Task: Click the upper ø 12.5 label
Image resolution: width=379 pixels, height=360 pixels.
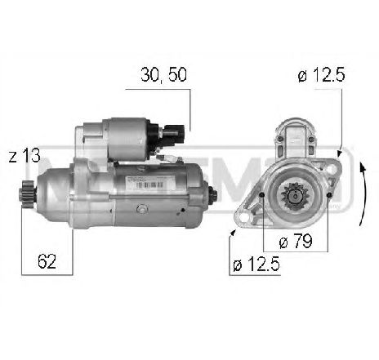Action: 321,76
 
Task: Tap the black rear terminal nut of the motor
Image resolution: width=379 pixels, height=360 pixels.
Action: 213,197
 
